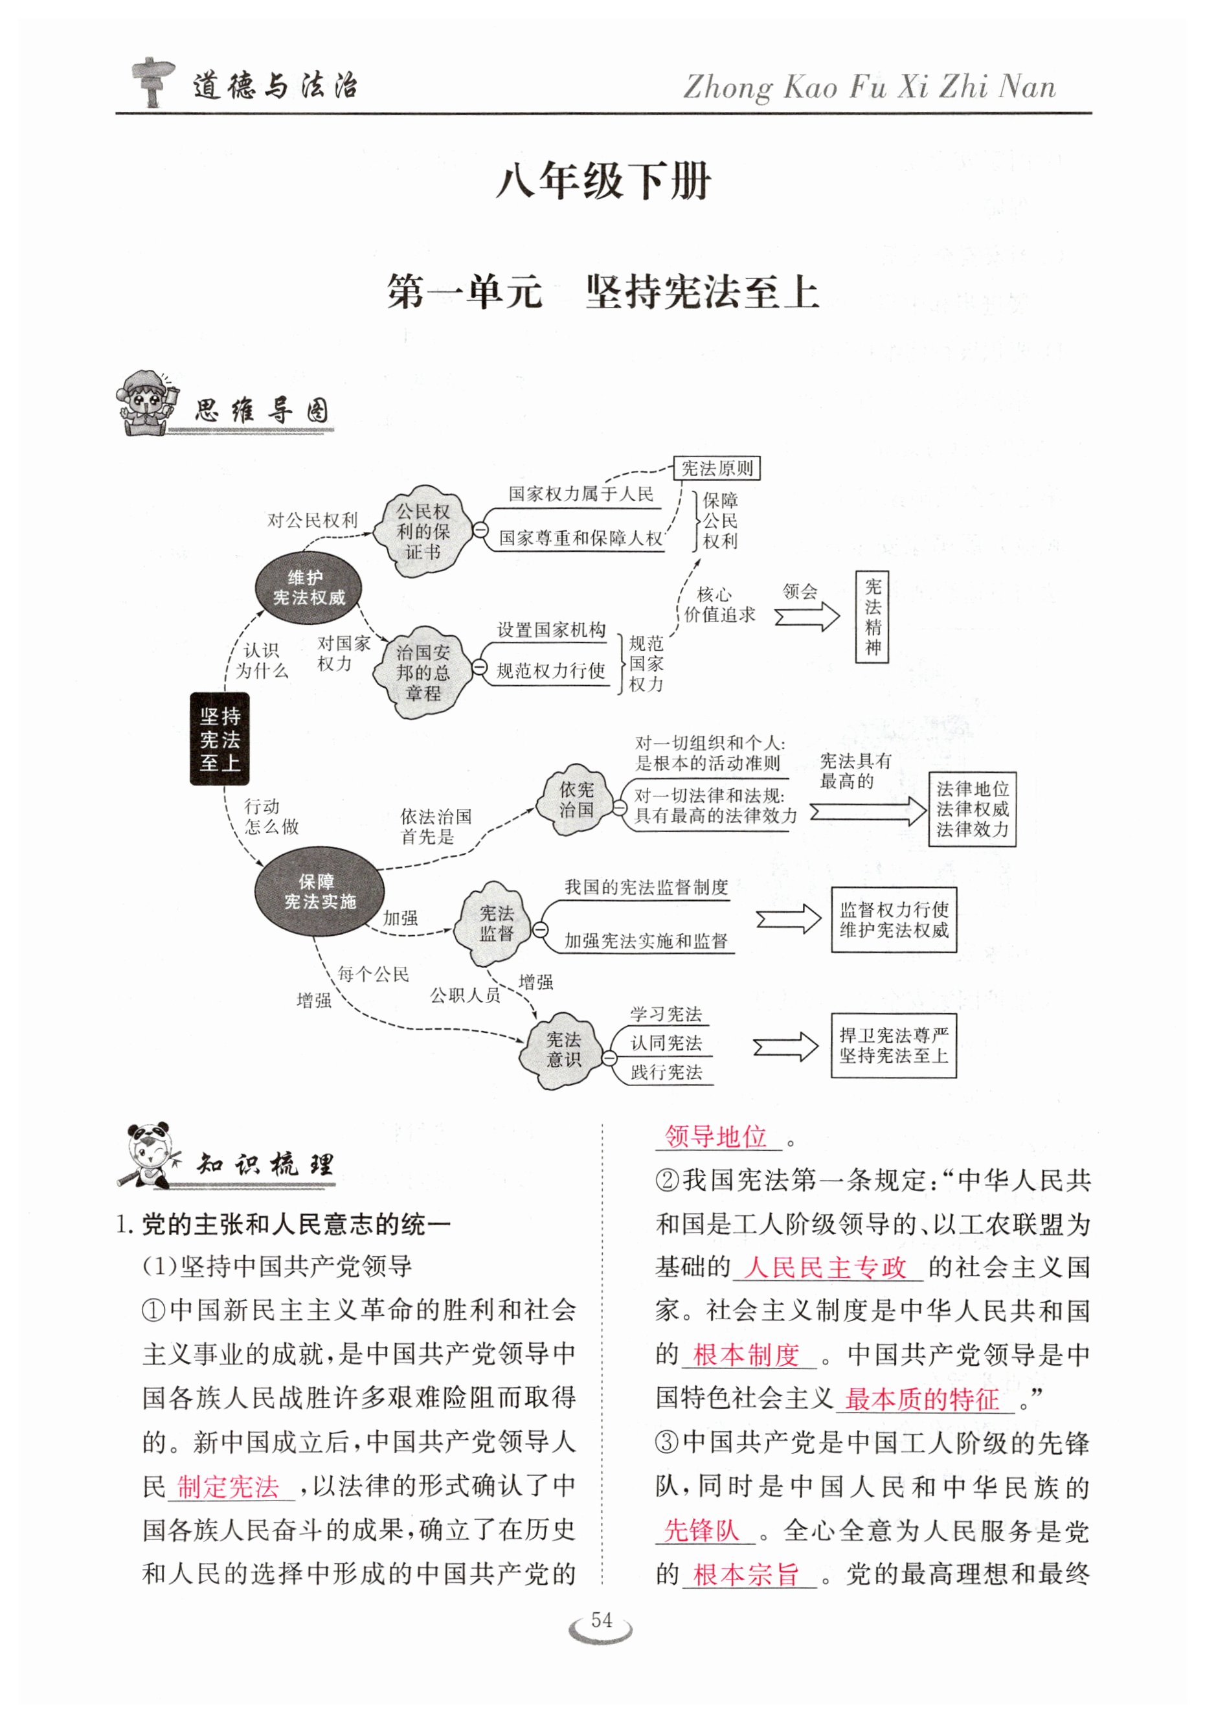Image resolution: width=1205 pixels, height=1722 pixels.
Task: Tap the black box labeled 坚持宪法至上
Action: [219, 739]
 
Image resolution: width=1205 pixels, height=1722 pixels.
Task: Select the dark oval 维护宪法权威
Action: [308, 588]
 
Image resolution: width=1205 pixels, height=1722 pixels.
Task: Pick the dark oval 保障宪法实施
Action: [319, 891]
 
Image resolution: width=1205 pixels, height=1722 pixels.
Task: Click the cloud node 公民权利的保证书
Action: [423, 531]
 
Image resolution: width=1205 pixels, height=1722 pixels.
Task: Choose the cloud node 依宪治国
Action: [576, 800]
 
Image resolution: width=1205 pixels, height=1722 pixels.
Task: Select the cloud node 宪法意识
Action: [563, 1048]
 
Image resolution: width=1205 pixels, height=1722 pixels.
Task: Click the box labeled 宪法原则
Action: [717, 469]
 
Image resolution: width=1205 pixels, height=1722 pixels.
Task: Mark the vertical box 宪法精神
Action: [872, 617]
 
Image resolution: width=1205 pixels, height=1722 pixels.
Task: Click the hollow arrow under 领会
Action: [806, 617]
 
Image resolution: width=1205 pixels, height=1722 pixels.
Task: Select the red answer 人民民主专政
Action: [826, 1268]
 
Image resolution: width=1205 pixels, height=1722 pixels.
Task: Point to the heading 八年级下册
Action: [603, 181]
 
